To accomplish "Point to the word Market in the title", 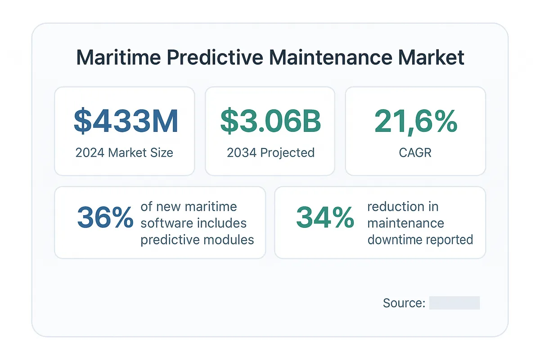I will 436,58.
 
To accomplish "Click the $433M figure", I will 126,121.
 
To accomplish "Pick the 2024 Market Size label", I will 124,153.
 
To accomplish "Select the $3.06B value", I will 270,121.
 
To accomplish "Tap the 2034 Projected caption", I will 270,153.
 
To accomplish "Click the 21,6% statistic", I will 415,121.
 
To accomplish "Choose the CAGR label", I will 415,153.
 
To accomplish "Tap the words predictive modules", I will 197,239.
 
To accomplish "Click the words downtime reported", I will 420,239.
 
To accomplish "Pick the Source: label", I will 404,303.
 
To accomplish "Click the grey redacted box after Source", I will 454,303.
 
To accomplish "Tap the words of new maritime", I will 189,207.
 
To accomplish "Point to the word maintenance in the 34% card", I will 405,223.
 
